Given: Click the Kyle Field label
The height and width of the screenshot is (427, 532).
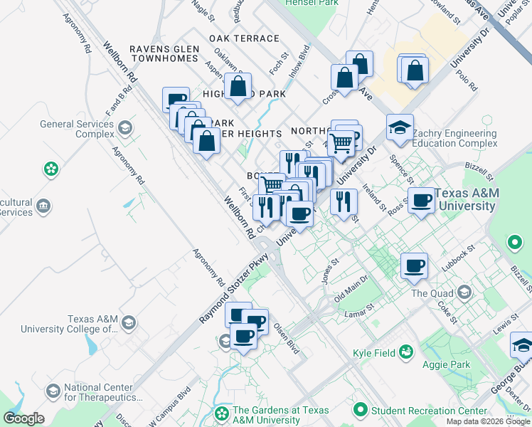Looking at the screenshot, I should coord(374,352).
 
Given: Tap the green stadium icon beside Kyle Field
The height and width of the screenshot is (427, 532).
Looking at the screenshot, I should coord(406,352).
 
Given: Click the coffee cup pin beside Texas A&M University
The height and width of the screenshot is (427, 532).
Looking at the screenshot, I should coord(422,201).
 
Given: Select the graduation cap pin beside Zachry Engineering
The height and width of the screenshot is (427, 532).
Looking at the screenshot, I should coord(400,129).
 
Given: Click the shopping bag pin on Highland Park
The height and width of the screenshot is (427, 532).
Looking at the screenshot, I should coord(238,88).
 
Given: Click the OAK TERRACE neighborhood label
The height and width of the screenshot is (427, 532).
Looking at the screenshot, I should coord(244,38).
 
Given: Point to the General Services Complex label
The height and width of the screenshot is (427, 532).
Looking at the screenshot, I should coord(77,129).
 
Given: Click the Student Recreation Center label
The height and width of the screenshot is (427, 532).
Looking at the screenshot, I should coord(430,411).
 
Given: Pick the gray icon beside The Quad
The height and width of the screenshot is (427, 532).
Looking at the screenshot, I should coord(464,292).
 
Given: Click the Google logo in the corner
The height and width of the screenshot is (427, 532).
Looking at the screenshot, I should coord(23,418).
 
